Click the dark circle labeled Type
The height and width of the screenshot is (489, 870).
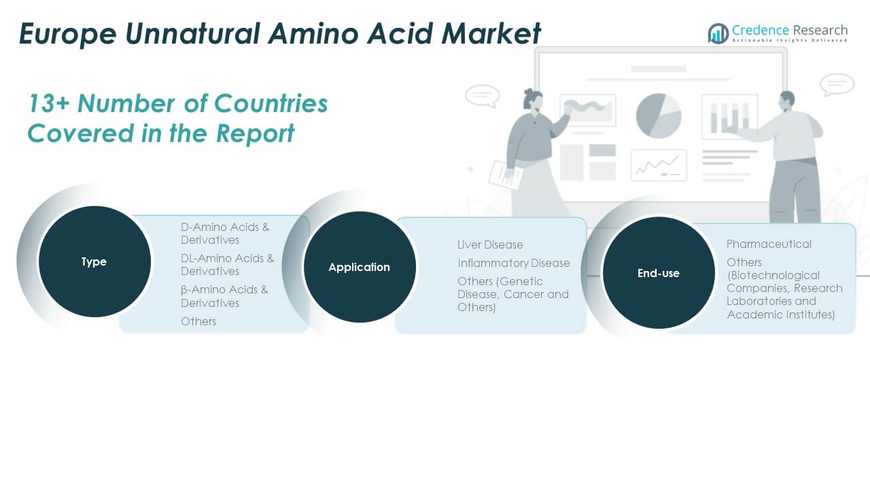94,261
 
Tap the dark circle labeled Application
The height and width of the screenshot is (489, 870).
360,267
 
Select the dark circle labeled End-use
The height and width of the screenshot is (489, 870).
659,273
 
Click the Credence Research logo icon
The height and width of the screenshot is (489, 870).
718,33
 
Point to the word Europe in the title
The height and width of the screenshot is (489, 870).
67,34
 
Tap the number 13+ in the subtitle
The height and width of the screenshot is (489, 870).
48,104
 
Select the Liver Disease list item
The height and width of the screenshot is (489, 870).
490,245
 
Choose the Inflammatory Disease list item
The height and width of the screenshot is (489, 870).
513,263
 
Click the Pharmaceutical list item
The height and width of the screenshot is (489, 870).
769,244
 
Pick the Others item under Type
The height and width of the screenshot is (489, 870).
198,321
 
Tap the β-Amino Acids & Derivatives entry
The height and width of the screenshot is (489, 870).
224,296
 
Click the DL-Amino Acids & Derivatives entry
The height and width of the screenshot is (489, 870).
227,265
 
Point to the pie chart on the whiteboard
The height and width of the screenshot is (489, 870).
659,115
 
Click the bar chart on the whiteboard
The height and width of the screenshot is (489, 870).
729,116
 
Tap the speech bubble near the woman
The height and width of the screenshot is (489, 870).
483,96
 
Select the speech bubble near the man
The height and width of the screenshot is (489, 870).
837,84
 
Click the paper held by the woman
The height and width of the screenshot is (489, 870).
506,175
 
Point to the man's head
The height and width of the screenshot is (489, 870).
787,101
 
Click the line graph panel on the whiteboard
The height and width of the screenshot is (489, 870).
659,165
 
